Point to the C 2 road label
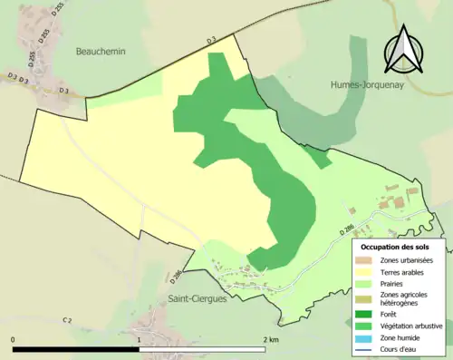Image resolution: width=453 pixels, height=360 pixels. click(67, 320)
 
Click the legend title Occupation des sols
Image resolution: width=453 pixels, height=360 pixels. click(395, 247)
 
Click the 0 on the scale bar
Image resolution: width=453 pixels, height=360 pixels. click(14, 339)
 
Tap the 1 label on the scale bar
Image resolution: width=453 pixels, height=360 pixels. click(139, 339)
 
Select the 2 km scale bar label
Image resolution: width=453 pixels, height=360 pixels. click(270, 339)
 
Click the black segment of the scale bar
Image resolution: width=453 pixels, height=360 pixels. click(76, 348)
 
